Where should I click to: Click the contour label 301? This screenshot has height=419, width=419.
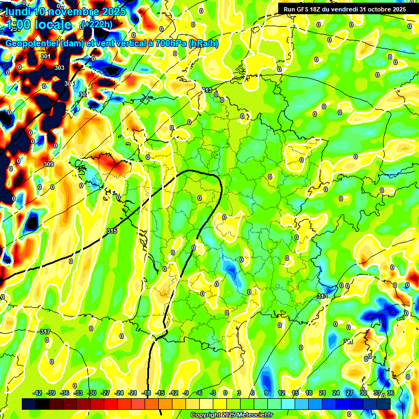[46, 56]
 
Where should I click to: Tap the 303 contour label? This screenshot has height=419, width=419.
[59, 68]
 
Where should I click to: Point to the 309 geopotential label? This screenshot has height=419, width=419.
[49, 164]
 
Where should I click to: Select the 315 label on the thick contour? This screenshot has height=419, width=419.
[112, 231]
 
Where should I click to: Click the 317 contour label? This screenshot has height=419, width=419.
[45, 332]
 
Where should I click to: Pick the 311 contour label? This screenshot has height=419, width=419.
[348, 342]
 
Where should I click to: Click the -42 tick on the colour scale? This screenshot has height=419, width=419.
[38, 393]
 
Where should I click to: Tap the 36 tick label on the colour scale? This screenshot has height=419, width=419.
[391, 393]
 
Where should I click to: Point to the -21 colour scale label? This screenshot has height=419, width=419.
[133, 393]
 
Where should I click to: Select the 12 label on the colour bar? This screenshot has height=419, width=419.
[282, 393]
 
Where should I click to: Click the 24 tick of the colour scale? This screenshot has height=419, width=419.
[336, 393]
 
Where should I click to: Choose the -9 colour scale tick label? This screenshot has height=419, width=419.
[186, 393]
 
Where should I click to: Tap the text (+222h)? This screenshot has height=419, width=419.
[97, 24]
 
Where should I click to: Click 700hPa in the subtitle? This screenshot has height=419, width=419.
[167, 44]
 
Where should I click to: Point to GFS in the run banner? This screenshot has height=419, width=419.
[303, 9]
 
